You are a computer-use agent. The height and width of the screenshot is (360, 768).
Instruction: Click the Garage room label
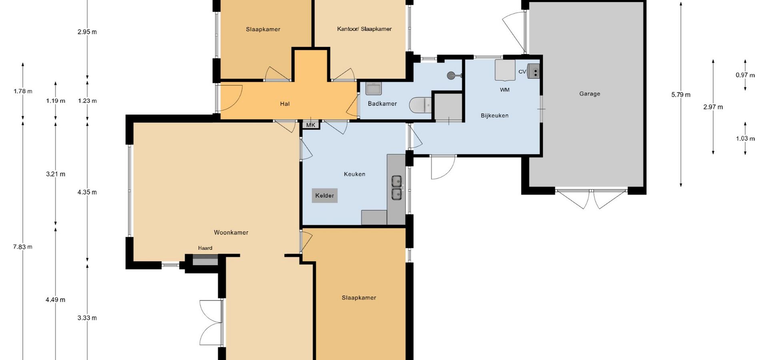[590, 94]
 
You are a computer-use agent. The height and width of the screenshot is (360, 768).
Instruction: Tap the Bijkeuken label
[494, 116]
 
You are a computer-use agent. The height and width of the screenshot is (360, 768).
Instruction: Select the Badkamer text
[382, 104]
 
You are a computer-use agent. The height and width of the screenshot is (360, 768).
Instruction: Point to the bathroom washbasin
[374, 88]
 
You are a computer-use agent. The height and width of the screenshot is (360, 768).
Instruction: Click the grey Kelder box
[325, 196]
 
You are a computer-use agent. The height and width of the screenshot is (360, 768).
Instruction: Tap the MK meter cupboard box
[311, 125]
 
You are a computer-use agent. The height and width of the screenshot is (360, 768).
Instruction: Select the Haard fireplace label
[205, 248]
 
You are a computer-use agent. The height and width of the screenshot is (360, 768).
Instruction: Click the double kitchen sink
[397, 188]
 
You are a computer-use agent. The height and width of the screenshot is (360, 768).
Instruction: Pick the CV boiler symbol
[534, 71]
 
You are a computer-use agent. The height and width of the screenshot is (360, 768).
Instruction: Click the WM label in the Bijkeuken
[505, 90]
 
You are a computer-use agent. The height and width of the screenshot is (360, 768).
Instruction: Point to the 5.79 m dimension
[681, 95]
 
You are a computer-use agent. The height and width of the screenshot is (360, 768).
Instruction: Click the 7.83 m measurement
[23, 247]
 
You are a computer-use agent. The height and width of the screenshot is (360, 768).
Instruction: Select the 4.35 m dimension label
[87, 192]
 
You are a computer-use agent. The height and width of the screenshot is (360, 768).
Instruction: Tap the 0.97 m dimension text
[745, 75]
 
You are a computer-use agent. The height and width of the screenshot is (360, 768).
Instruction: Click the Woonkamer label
[231, 232]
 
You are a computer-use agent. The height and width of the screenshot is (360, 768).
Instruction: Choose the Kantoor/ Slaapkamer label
[364, 29]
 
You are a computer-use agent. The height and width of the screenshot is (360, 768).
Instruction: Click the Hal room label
[285, 104]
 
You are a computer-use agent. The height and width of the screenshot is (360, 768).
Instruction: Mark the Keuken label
[354, 174]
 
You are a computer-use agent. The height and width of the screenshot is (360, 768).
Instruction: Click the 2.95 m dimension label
[87, 32]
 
